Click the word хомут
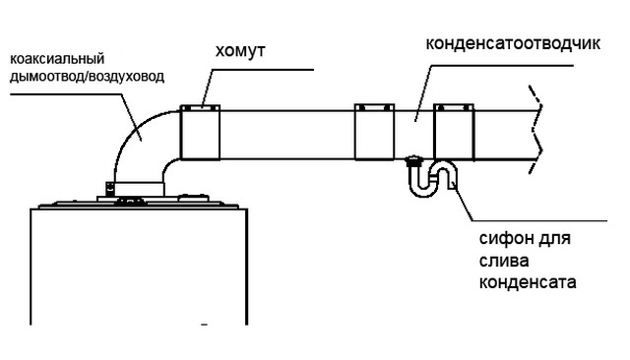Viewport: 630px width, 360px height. pyautogui.click(x=240, y=51)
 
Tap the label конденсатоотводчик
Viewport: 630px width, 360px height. pyautogui.click(x=513, y=43)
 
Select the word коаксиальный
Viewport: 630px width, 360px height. pyautogui.click(x=57, y=59)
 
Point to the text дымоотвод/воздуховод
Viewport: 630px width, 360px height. pyautogui.click(x=87, y=77)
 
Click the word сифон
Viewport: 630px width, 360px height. pyautogui.click(x=505, y=239)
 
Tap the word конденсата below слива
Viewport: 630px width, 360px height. pyautogui.click(x=528, y=282)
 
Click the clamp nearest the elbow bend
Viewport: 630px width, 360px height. pyautogui.click(x=200, y=133)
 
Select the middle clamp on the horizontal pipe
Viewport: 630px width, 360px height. pyautogui.click(x=374, y=132)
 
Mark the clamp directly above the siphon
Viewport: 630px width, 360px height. pyautogui.click(x=454, y=132)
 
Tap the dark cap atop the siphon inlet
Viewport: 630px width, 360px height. pyautogui.click(x=413, y=161)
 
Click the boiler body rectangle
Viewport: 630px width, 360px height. pyautogui.click(x=139, y=267)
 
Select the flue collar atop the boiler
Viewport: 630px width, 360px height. pyautogui.click(x=140, y=189)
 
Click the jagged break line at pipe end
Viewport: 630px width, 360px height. pyautogui.click(x=536, y=130)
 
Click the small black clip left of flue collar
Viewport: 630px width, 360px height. pyautogui.click(x=109, y=189)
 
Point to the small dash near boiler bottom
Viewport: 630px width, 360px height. pyautogui.click(x=204, y=325)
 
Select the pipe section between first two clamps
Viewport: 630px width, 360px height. pyautogui.click(x=286, y=135)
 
